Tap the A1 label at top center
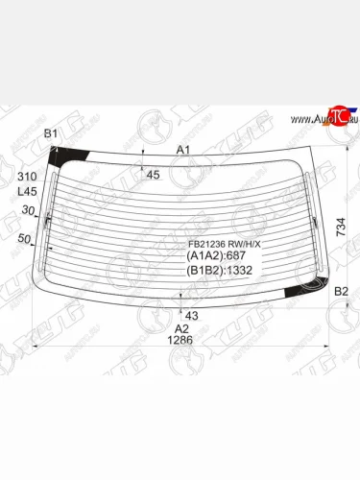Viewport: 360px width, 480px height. point(183,150)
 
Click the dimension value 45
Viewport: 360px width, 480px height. point(153,174)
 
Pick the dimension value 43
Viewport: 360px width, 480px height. point(191,315)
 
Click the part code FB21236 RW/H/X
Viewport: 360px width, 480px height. point(223,244)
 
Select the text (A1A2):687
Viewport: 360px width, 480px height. point(217,256)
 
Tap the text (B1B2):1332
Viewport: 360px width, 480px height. point(220,272)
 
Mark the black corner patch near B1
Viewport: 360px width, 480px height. point(69,156)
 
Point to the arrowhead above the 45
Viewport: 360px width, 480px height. point(143,159)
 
